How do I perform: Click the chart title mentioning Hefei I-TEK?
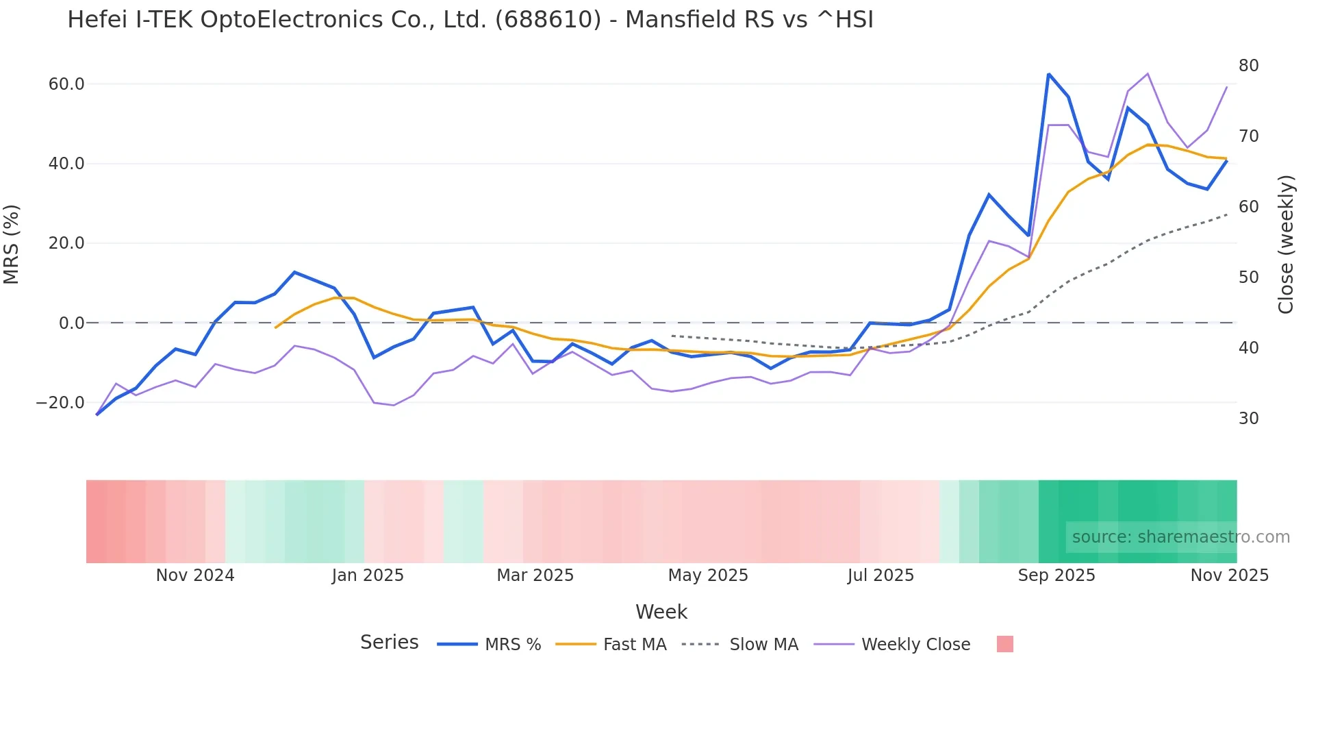pos(470,20)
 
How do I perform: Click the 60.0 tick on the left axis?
pos(66,84)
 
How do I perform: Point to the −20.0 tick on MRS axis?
pos(60,403)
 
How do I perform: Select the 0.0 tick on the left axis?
pos(71,323)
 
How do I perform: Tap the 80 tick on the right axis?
pos(1248,66)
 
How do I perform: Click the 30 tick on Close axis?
pos(1248,419)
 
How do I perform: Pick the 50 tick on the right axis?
pos(1248,277)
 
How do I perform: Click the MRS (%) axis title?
pos(12,244)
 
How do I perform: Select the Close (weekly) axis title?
pos(1286,244)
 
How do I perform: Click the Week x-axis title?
pos(661,612)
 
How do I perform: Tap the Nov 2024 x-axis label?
pos(195,575)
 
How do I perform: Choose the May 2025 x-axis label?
pos(708,575)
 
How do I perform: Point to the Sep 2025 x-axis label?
pos(1056,575)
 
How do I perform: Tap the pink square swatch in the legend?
pos(1004,644)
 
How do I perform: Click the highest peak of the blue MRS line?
pos(1048,74)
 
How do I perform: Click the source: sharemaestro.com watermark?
pos(1180,537)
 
